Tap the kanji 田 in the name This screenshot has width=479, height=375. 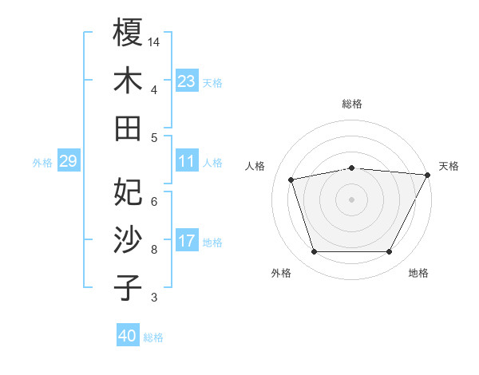[128, 128]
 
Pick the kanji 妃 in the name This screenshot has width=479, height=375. [128, 191]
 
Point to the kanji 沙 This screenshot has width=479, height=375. [128, 239]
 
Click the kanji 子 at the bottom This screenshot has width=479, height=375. [128, 288]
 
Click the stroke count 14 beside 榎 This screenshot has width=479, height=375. [154, 41]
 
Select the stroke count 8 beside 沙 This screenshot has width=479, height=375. [154, 249]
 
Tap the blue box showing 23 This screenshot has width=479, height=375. [186, 81]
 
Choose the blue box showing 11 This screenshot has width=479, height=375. [186, 162]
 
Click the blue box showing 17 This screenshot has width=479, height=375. [186, 242]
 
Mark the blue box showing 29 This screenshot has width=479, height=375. [68, 162]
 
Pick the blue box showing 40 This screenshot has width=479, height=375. [128, 337]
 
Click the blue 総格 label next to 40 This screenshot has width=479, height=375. [153, 337]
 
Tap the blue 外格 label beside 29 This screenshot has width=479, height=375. [42, 163]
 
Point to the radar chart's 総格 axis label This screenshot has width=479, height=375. [351, 104]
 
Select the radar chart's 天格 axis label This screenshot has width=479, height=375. [449, 166]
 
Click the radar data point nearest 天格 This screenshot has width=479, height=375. [427, 175]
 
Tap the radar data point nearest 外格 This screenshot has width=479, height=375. [314, 252]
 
